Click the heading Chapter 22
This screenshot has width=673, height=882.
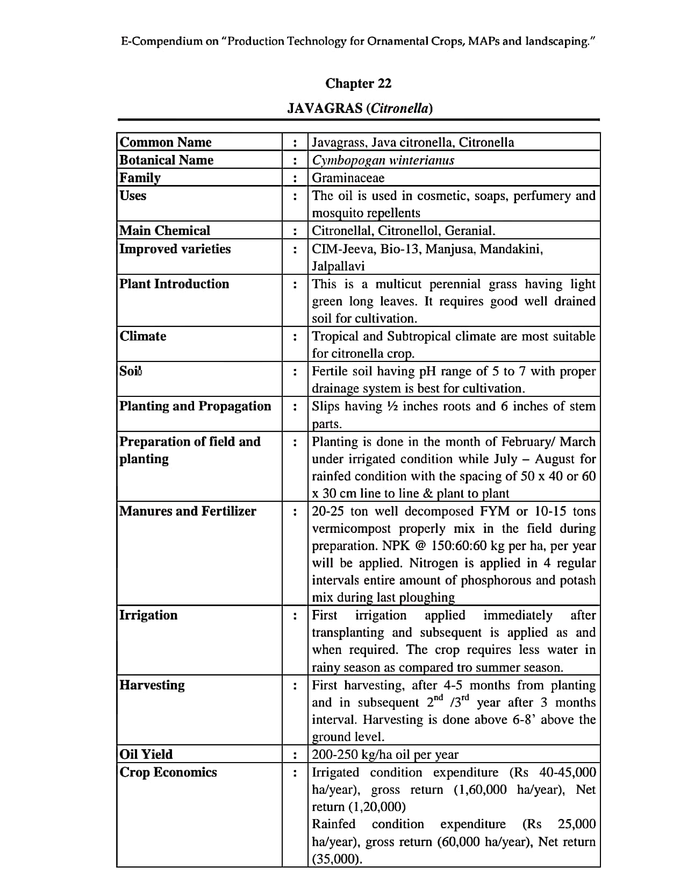click(x=358, y=83)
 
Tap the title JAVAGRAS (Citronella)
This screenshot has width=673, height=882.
click(x=360, y=108)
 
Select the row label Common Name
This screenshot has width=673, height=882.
click(x=166, y=142)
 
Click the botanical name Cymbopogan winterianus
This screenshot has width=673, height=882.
click(x=383, y=160)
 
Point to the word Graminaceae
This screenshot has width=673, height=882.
click(x=348, y=177)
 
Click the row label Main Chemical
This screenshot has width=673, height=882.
click(x=164, y=230)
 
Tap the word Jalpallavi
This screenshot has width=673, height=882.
click(x=338, y=266)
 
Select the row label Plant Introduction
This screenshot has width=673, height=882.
click(x=174, y=283)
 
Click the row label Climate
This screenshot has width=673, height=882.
click(x=143, y=336)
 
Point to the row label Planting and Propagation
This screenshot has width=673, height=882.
click(x=195, y=406)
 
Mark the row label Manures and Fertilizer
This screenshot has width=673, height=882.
click(x=188, y=511)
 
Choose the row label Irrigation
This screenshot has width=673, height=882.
click(x=148, y=615)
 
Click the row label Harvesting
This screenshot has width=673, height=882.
click(x=152, y=685)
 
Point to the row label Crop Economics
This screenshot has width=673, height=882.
click(x=168, y=772)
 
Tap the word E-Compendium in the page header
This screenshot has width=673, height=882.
click(x=162, y=41)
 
